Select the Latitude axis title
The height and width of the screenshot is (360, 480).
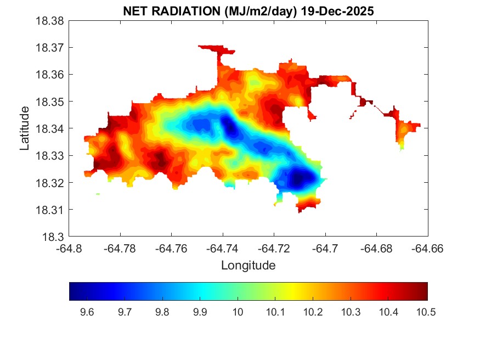click(25, 129)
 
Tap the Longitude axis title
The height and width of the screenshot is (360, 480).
click(248, 266)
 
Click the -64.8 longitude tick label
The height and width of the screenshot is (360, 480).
click(70, 249)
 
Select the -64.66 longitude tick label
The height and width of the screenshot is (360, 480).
click(427, 249)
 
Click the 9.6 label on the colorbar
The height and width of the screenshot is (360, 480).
click(87, 313)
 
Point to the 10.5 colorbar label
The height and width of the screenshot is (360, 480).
click(426, 313)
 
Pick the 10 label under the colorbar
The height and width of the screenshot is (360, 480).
click(238, 313)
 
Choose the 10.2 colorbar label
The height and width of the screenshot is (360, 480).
click(313, 313)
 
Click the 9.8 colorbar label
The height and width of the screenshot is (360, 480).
click(162, 313)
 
